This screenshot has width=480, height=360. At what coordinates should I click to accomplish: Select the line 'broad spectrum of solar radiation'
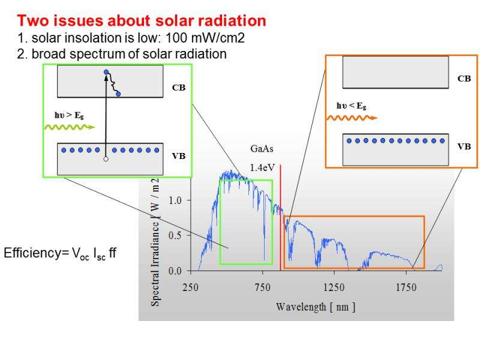(x=119, y=53)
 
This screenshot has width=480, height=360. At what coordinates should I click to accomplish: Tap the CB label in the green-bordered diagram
(x=178, y=87)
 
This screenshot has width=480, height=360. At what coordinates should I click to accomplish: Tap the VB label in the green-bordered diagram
(x=178, y=156)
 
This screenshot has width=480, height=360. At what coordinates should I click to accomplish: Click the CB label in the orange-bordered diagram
(x=464, y=79)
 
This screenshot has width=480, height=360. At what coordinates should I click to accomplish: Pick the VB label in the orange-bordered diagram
(x=464, y=146)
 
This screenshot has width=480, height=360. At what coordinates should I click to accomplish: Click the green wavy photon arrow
(x=68, y=127)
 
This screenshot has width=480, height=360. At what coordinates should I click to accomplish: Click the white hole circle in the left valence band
(x=106, y=160)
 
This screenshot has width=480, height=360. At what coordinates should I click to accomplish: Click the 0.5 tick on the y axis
(x=175, y=235)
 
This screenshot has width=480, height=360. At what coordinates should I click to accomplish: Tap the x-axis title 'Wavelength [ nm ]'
(x=316, y=307)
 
